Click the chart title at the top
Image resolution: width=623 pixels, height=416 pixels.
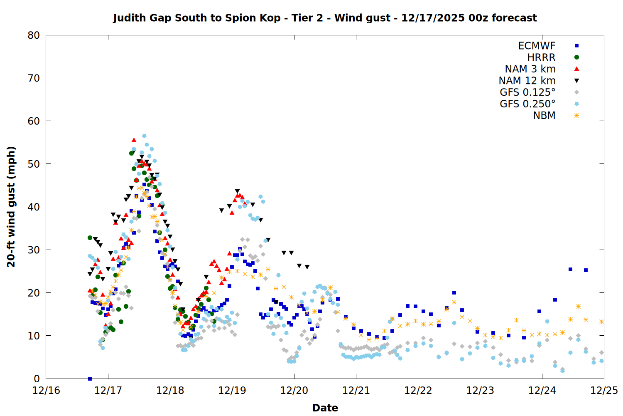pyautogui.click(x=325, y=18)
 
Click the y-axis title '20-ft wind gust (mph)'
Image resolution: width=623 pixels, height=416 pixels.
pyautogui.click(x=11, y=207)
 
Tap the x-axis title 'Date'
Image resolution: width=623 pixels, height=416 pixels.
pyautogui.click(x=325, y=408)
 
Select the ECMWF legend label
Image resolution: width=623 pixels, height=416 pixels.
pyautogui.click(x=537, y=46)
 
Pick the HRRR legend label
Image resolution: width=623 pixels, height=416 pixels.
pyautogui.click(x=541, y=57)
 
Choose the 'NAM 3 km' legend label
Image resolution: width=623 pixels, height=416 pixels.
pyautogui.click(x=530, y=69)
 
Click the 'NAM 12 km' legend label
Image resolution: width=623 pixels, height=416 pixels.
pyautogui.click(x=527, y=81)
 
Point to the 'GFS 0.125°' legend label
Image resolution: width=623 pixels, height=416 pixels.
pyautogui.click(x=527, y=92)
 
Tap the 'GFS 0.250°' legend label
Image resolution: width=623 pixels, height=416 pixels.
pyautogui.click(x=527, y=104)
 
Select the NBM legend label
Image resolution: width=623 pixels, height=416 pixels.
pyautogui.click(x=544, y=116)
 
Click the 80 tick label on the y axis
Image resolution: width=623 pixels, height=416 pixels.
pyautogui.click(x=34, y=35)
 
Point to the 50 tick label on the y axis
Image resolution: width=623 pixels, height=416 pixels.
pyautogui.click(x=34, y=164)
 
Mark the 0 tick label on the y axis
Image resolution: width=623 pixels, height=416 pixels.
pyautogui.click(x=37, y=379)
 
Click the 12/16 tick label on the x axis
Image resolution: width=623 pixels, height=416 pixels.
pyautogui.click(x=46, y=391)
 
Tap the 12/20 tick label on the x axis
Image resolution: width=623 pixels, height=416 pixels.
pyautogui.click(x=294, y=391)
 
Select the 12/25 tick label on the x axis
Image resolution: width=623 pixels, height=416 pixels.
pyautogui.click(x=604, y=391)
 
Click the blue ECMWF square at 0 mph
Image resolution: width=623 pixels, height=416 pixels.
pyautogui.click(x=90, y=379)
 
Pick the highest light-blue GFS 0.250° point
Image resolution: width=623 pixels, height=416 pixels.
pyautogui.click(x=144, y=136)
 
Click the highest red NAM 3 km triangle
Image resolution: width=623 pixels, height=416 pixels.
pyautogui.click(x=134, y=140)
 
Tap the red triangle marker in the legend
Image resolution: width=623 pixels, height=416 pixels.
pyautogui.click(x=576, y=69)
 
